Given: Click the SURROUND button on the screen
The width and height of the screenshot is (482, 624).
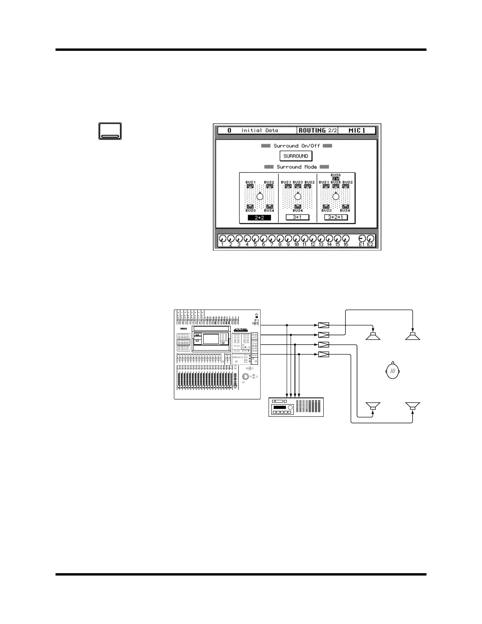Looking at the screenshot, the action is coord(296,156).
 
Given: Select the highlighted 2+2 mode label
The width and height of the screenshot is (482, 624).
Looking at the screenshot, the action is coord(259,217).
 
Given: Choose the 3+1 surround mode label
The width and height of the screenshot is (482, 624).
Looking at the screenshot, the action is coord(297,217).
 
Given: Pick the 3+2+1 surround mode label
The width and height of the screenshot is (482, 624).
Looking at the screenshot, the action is coord(336,217).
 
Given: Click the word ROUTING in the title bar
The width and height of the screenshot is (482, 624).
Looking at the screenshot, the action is coord(312,130).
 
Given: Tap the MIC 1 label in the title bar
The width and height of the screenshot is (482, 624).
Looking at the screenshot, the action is coord(357,130).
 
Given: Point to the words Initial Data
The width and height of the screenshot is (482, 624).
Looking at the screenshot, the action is coord(260,130).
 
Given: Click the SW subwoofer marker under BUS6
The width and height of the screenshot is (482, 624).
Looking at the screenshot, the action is coord(336,178).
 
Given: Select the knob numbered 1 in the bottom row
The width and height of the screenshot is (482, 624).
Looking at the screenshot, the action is coord(222,239).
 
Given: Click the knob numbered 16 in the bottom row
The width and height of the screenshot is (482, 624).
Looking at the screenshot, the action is coord(346,239).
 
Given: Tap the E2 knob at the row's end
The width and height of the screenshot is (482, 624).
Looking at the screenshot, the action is coord(370,239).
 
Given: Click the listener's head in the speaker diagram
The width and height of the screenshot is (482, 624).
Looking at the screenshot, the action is coord(393,371).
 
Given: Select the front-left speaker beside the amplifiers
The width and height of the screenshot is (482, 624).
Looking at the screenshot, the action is coord(373,336).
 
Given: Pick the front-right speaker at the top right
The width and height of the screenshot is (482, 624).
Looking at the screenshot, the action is coord(413,336).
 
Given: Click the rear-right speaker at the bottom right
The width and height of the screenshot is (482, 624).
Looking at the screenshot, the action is coord(413,406).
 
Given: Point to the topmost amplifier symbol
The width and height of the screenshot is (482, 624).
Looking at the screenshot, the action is coord(323,325).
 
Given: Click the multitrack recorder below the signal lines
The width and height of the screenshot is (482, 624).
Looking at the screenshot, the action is coord(296,407).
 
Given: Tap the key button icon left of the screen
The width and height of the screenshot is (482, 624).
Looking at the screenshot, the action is coord(110,131).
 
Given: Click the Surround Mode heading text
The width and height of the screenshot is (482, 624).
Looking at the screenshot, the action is coord(297,167).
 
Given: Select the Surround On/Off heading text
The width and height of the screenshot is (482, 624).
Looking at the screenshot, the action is coord(297,146).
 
